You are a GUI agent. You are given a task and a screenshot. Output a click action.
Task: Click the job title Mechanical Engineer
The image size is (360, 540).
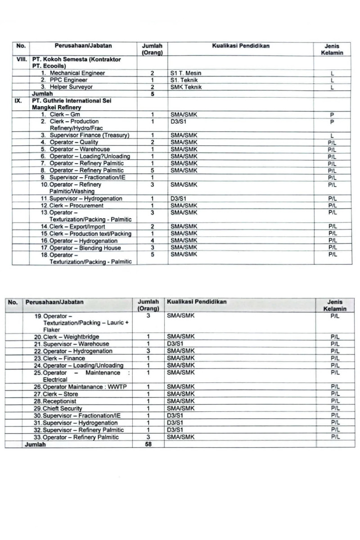(77, 73)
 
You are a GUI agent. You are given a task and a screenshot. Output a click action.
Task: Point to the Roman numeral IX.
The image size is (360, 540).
(18, 101)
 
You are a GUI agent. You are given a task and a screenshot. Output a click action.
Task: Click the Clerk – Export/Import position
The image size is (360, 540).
(76, 226)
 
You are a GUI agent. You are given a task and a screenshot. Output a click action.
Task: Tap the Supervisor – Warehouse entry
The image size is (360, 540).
(76, 344)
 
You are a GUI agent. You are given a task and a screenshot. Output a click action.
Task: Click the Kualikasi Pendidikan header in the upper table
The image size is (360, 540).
(240, 46)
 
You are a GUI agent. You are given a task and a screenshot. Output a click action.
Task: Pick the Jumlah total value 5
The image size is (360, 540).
(152, 94)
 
